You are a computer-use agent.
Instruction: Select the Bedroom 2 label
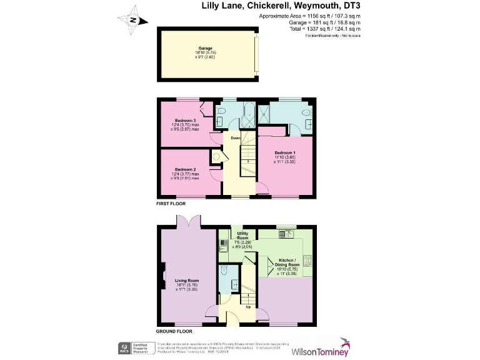[186, 170]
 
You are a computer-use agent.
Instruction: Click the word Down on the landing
[235, 138]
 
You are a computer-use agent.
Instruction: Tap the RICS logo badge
[124, 347]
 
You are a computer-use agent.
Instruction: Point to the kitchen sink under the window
[289, 234]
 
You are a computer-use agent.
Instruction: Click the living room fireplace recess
[163, 274]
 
